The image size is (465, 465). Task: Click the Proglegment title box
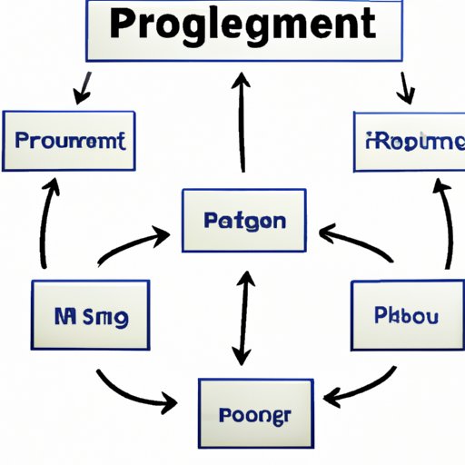(x=244, y=31)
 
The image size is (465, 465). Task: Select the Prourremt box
(x=69, y=141)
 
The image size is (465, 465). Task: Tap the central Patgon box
(x=243, y=221)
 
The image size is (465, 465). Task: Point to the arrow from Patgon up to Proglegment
(x=242, y=123)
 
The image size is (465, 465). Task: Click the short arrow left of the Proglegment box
(x=84, y=86)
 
